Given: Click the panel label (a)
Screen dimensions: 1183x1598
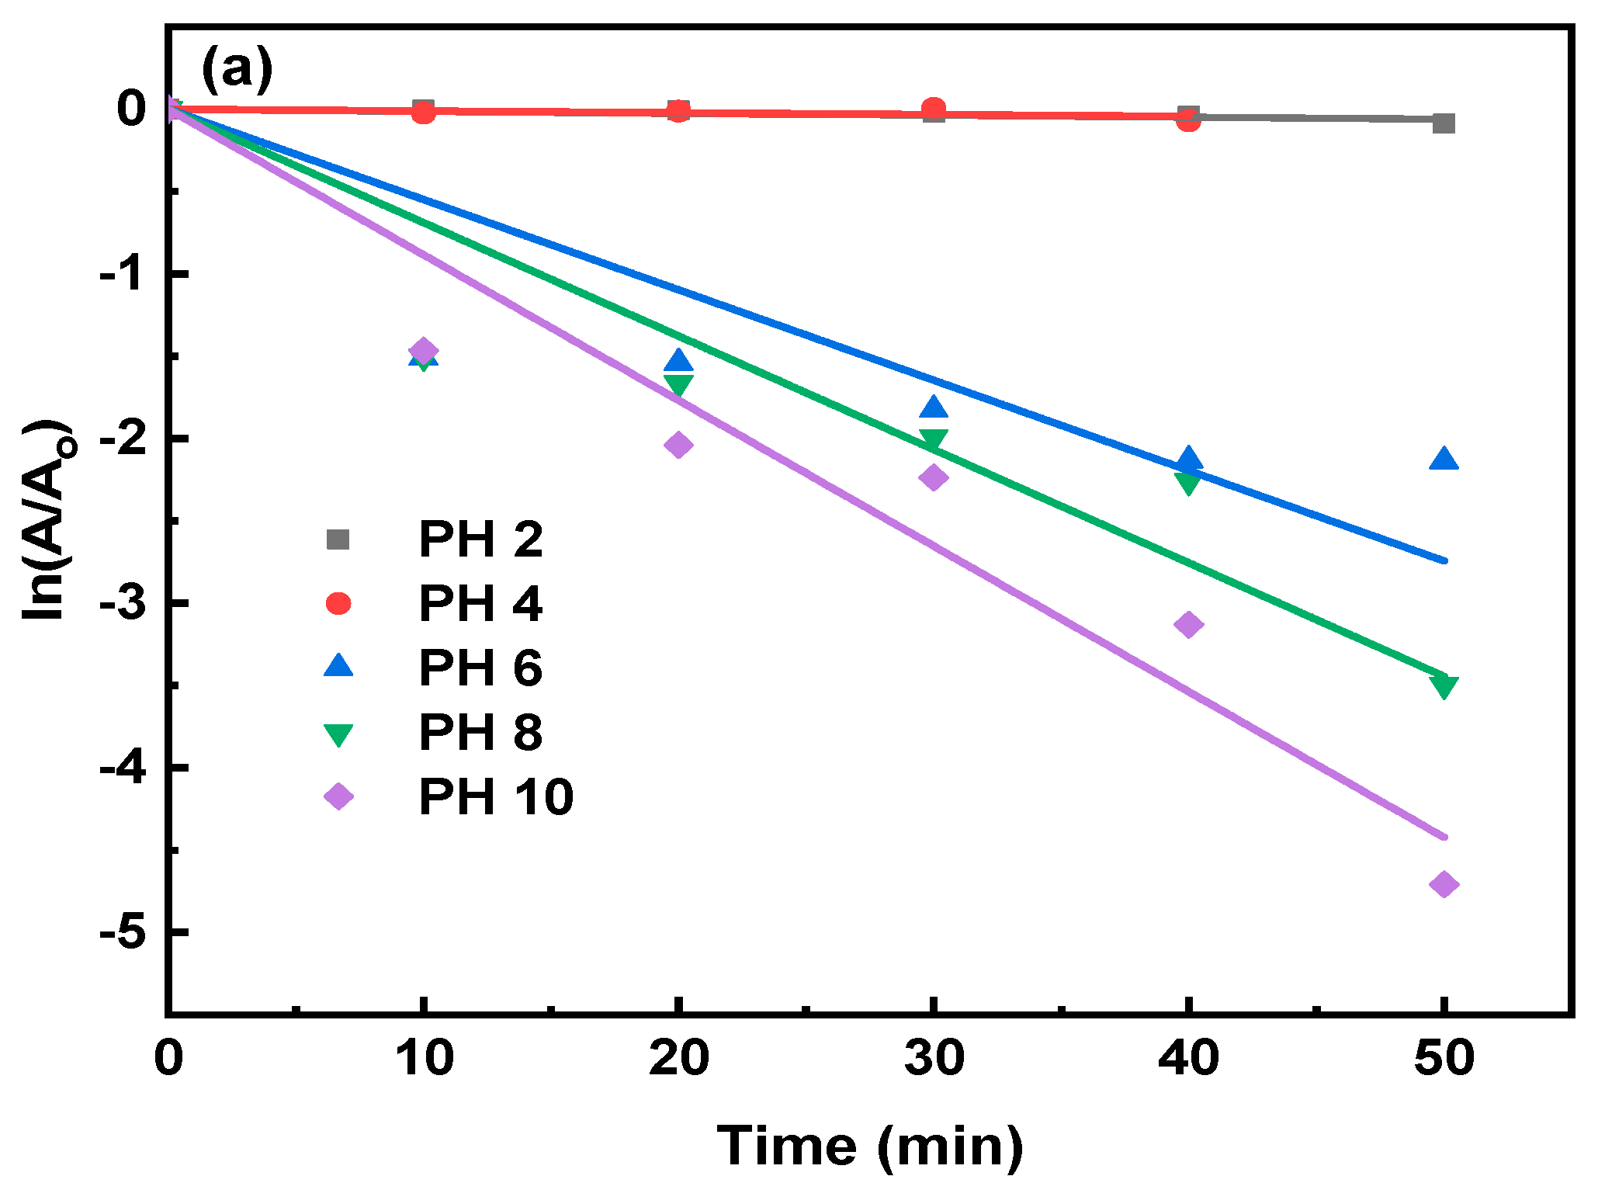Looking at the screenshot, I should [237, 70].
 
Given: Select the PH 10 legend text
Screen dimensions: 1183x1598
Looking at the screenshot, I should [495, 796].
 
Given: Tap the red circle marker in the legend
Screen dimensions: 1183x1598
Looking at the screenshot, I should [338, 603].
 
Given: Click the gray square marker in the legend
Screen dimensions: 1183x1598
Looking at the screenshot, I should [338, 539].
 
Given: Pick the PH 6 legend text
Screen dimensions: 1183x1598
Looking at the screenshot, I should [480, 668].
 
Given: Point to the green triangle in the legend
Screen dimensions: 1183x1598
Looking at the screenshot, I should [338, 734].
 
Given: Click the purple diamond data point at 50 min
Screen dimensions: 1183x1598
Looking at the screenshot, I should [1444, 884].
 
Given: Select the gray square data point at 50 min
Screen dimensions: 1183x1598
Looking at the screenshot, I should [1444, 123].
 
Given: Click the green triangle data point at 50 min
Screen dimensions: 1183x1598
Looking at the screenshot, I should [1444, 686].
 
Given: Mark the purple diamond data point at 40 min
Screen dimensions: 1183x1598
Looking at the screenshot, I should [1188, 624].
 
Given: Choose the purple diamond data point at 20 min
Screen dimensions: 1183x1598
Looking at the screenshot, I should [678, 445].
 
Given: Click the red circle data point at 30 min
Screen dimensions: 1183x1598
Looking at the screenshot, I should [934, 109].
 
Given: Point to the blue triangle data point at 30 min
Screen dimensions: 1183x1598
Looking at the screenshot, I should [934, 408].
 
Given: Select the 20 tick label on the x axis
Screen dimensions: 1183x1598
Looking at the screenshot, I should [678, 1058].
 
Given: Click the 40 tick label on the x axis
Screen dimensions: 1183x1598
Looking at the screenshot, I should [1188, 1058].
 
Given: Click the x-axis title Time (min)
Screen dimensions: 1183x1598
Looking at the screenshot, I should [869, 1146].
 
